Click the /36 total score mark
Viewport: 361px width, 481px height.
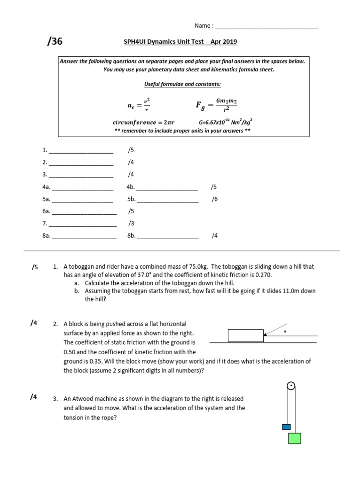[55, 42]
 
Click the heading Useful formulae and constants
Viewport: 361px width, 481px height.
[182, 84]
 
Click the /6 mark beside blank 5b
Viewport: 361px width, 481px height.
[214, 199]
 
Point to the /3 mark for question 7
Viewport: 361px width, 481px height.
[131, 224]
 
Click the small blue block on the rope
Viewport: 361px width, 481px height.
[286, 427]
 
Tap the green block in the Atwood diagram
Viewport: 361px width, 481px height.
[294, 438]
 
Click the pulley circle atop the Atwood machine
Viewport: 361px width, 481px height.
[291, 387]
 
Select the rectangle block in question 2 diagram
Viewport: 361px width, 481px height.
[245, 335]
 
